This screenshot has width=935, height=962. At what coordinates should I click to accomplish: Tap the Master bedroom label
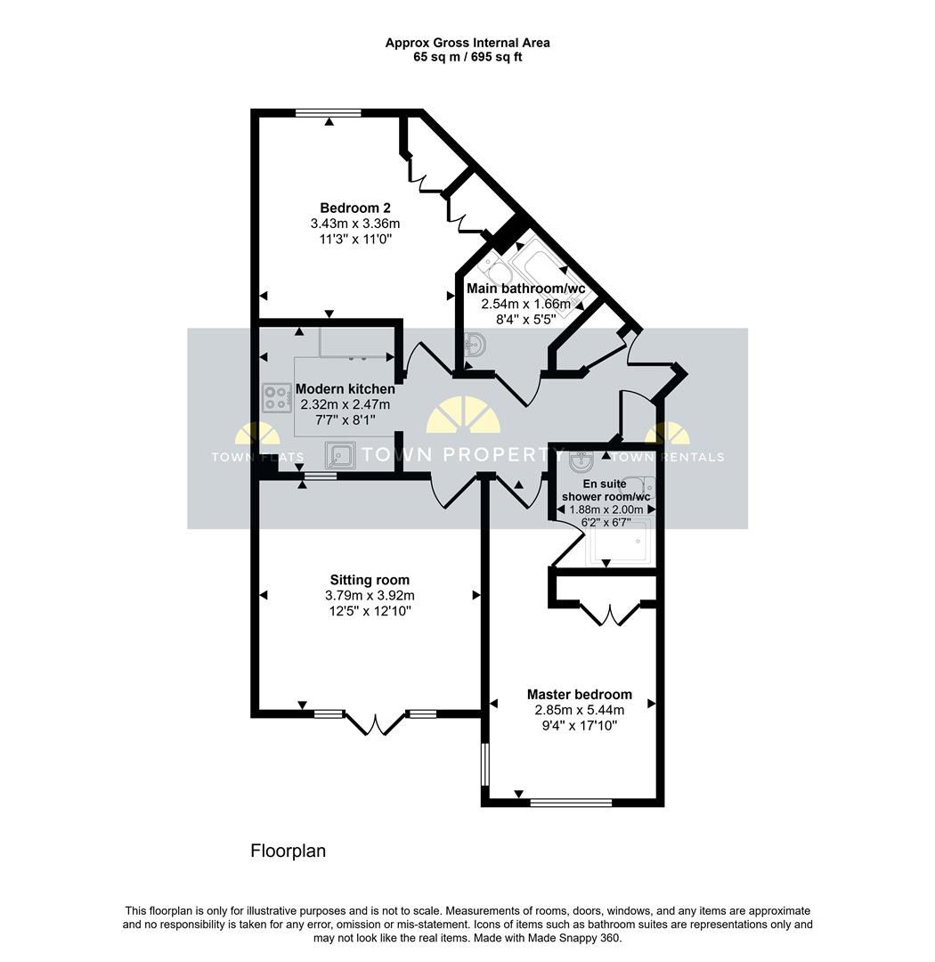point(580,694)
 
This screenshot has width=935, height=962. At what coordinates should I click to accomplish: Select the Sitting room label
point(370,580)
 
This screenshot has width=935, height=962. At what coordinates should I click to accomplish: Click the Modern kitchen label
point(345,389)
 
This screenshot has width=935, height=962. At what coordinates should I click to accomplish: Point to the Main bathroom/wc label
point(525,289)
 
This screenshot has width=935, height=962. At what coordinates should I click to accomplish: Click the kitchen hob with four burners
point(277,398)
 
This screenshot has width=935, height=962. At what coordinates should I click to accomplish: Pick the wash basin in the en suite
point(581,461)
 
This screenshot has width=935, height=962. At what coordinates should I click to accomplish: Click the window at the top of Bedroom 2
point(329,113)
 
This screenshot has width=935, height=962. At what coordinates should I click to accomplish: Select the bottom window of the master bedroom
point(571,803)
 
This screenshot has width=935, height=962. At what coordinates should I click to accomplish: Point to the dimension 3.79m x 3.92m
point(370,596)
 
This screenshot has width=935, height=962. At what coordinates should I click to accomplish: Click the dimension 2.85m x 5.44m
point(580,710)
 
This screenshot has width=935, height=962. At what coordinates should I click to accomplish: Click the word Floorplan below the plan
point(288,851)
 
